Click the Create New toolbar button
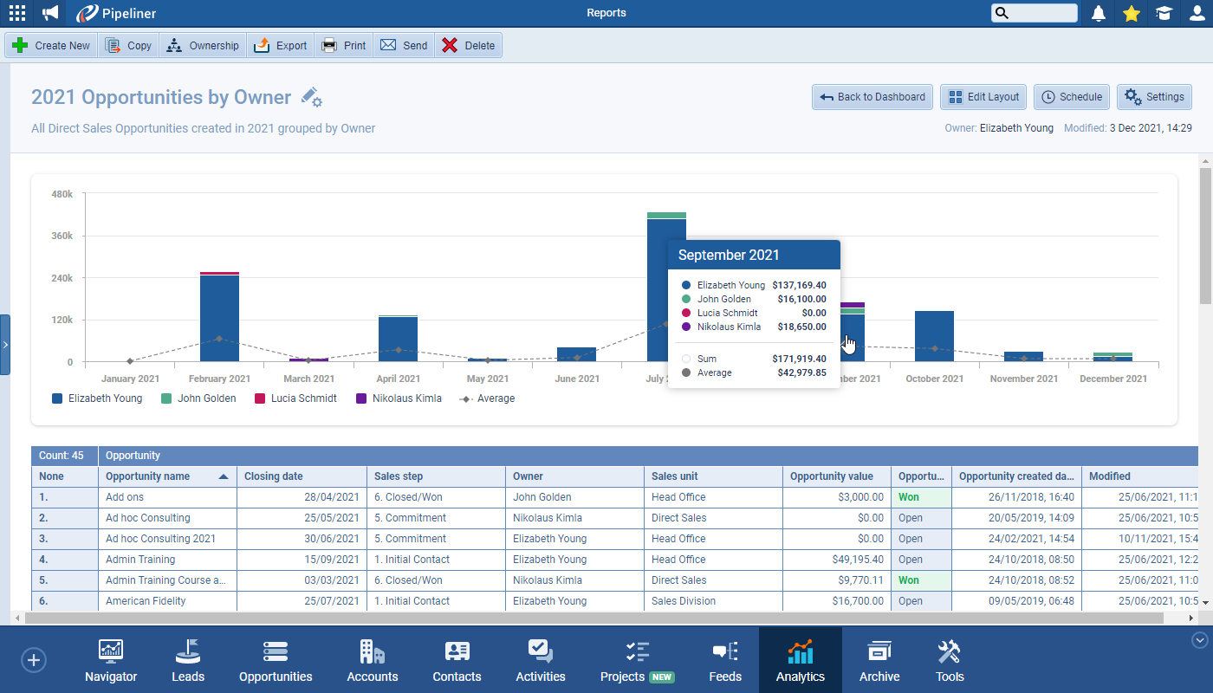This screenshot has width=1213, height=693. tap(52, 46)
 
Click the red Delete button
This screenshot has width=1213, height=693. tap(468, 46)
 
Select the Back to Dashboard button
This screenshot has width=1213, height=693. tap(872, 97)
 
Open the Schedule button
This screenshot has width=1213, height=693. tap(1072, 97)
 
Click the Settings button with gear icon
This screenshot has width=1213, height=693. tap(1154, 97)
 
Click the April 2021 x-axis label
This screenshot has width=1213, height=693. tap(398, 379)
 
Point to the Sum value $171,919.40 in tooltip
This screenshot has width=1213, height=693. tap(798, 359)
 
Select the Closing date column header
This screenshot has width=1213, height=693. tap(274, 476)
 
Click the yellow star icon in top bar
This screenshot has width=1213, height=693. tap(1131, 13)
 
